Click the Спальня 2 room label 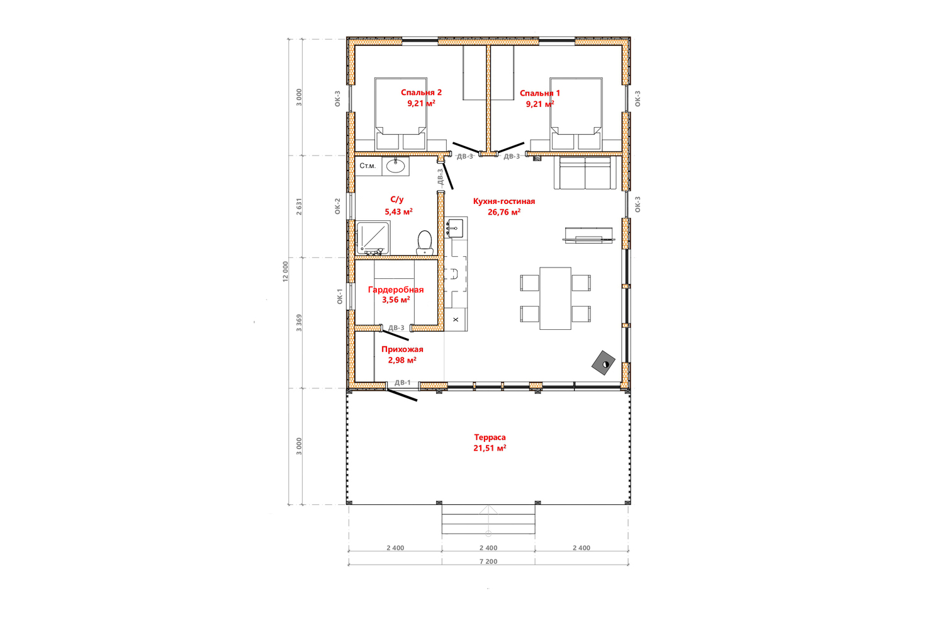point(421,93)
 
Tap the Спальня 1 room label point(540,93)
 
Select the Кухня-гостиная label point(504,201)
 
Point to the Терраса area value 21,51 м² point(490,448)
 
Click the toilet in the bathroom point(424,243)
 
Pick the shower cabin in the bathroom point(373,238)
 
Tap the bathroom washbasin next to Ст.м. point(396,166)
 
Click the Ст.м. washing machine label point(368,166)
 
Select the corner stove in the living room point(604,363)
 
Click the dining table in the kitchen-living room point(556,298)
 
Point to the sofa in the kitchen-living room point(585,173)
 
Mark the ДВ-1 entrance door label point(403,382)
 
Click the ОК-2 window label point(337,206)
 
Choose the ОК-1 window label point(340,296)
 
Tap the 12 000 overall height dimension point(286,271)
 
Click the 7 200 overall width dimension point(488,561)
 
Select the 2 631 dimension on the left point(299,206)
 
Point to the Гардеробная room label point(396,290)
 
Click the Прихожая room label point(402,349)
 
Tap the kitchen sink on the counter point(454,228)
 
